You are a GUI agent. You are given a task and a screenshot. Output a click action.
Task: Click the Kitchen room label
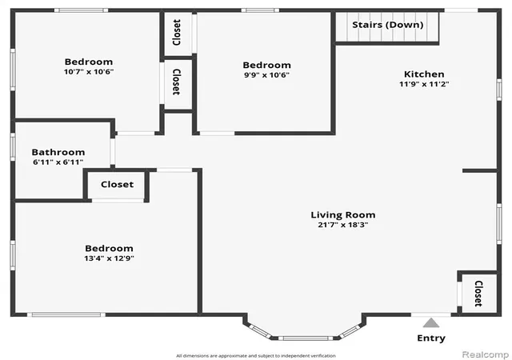[x=424, y=74]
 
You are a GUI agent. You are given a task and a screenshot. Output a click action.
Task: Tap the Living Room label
[x=343, y=215]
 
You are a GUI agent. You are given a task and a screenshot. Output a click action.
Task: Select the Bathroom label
[x=58, y=152]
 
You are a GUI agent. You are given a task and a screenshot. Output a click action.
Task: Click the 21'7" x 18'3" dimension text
[x=343, y=225]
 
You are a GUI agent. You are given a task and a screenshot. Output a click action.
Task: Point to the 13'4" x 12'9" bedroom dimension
[x=109, y=258]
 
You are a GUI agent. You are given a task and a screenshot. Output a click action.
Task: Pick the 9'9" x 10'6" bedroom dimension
[x=266, y=75]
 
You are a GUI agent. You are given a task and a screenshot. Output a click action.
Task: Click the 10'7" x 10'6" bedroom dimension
[x=89, y=71]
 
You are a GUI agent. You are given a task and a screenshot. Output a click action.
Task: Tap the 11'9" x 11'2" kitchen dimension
[x=424, y=84]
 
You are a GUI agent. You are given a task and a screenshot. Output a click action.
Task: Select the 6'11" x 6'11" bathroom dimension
[x=58, y=162]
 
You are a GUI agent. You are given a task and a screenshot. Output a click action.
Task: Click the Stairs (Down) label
[x=387, y=25]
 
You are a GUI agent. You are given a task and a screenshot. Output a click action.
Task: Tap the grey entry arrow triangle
[x=431, y=322]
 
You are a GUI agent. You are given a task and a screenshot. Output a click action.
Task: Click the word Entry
[x=431, y=338]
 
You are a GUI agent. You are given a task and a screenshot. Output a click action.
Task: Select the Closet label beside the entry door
[x=478, y=294]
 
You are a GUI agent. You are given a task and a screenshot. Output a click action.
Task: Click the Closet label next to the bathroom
[x=118, y=185]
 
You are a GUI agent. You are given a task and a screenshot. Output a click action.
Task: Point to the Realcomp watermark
[x=486, y=354]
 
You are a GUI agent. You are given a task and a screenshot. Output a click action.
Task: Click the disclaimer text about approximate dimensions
[x=256, y=356]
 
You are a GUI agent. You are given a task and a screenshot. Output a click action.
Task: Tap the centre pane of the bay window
[x=306, y=338]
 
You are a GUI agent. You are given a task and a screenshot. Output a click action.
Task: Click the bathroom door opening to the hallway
[x=113, y=152]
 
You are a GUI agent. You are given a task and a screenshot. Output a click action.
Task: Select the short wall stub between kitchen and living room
[x=480, y=170]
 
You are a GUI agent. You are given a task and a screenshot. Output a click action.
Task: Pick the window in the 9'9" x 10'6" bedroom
[x=260, y=10]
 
